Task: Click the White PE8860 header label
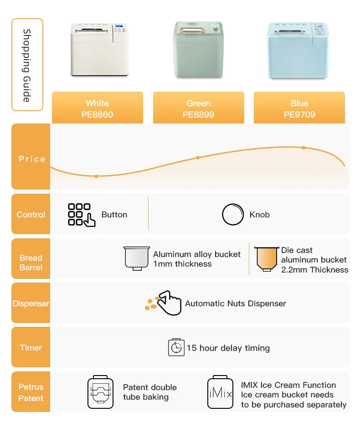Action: click(97, 109)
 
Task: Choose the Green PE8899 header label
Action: click(198, 109)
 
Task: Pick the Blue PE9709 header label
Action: click(299, 109)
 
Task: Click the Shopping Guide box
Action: click(27, 65)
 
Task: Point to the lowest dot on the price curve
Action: click(96, 176)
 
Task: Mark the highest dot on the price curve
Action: click(303, 148)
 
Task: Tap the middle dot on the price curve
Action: click(198, 158)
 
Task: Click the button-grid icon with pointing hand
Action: click(81, 215)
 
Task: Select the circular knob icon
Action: click(232, 215)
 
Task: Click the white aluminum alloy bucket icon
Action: click(136, 258)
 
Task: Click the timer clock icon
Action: click(176, 348)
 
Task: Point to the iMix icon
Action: click(221, 392)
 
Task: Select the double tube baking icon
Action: click(100, 392)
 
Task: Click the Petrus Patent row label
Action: click(31, 392)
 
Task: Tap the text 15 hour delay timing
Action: click(228, 348)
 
